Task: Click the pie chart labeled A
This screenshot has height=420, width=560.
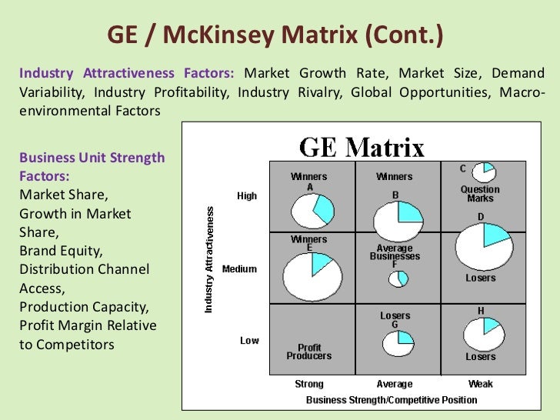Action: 312,211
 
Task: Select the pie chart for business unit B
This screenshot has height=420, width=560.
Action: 398,220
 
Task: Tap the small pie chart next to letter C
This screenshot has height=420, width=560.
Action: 483,172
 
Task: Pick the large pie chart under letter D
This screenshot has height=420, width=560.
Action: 484,246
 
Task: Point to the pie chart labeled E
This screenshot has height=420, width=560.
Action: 312,275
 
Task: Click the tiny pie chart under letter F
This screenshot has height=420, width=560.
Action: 398,278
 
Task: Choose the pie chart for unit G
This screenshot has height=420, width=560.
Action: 398,343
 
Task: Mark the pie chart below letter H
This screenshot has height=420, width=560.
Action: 484,334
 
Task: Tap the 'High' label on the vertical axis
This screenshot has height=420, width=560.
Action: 247,196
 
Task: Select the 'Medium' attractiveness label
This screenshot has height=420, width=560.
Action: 239,269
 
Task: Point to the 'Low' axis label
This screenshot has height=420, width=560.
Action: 249,340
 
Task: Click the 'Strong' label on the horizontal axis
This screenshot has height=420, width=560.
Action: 309,384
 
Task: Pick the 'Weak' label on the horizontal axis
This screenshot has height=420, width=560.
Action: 481,384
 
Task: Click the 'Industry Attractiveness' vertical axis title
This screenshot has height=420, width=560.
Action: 209,258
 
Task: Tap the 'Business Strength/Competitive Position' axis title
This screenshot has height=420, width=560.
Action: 392,400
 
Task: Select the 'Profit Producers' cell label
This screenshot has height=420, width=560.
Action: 309,352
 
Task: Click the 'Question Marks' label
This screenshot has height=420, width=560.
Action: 480,194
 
